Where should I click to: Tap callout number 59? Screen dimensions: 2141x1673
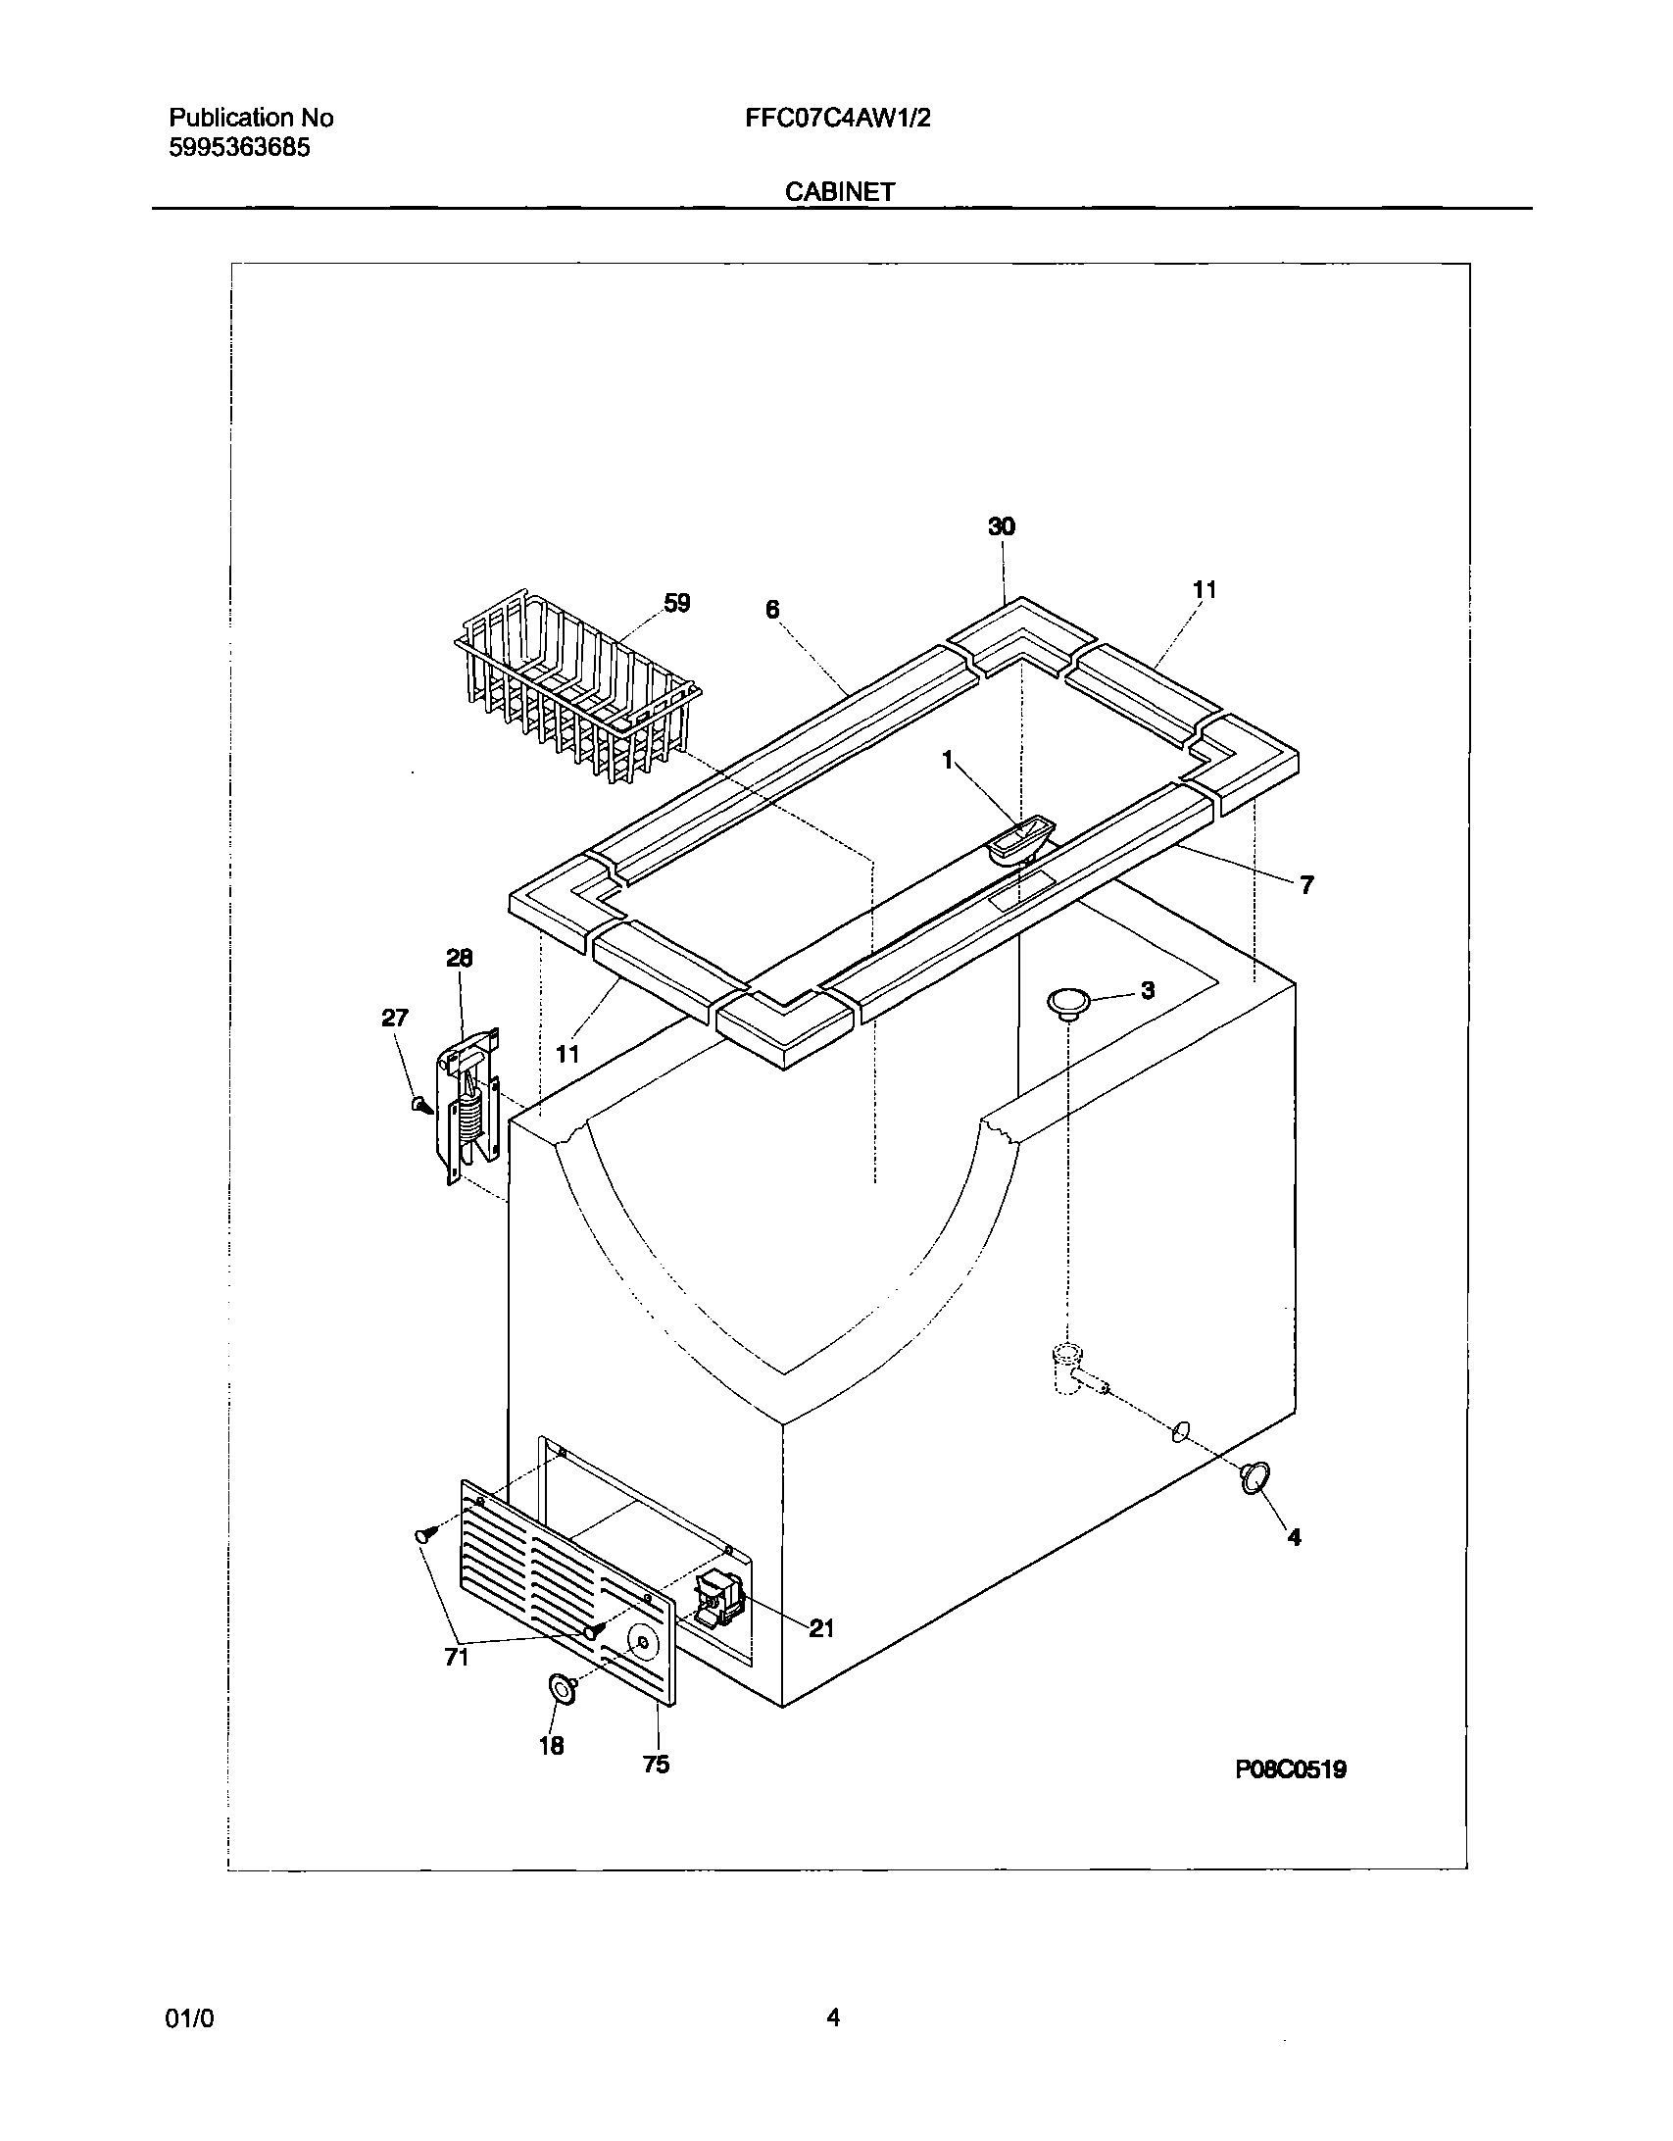(676, 604)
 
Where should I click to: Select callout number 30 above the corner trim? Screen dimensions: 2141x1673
(1001, 527)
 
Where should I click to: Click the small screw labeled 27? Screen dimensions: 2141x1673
(421, 1105)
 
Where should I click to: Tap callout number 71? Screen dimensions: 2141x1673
(457, 1657)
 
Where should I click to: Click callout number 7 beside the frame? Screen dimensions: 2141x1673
(1305, 885)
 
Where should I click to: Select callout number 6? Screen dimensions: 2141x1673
(772, 610)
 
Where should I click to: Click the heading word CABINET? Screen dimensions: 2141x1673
(839, 192)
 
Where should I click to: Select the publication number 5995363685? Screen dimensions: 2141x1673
(240, 148)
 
